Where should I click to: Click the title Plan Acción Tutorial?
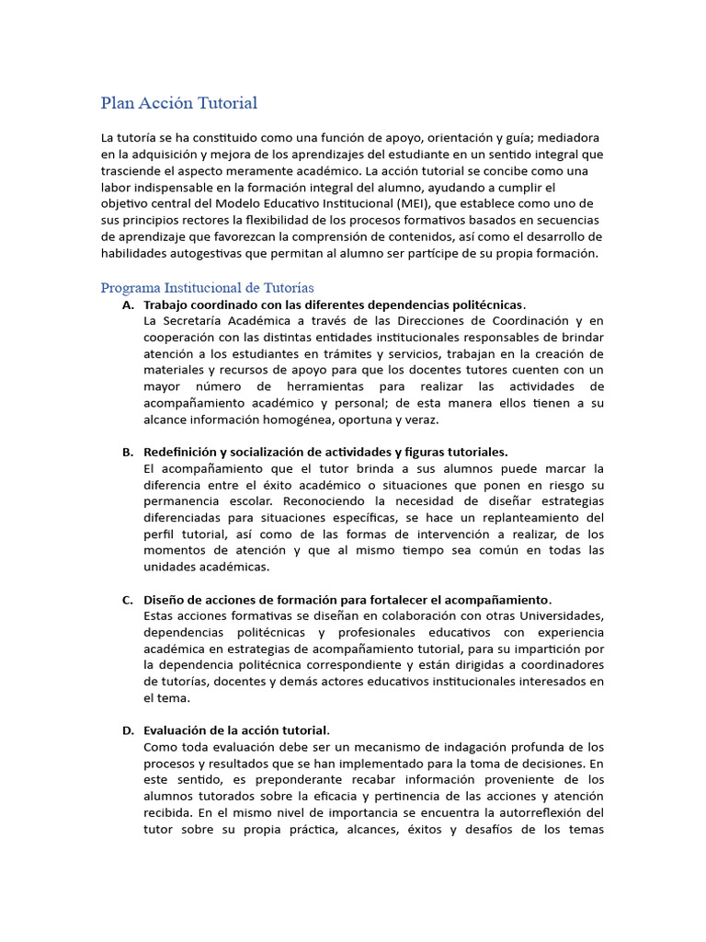[x=178, y=103]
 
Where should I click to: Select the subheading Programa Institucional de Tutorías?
[x=207, y=288]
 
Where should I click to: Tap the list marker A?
[x=128, y=304]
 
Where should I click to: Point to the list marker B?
[x=128, y=452]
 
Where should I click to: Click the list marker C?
[x=128, y=600]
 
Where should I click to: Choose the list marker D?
[x=128, y=730]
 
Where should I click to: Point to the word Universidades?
[x=559, y=615]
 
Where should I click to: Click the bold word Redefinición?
[x=179, y=452]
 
